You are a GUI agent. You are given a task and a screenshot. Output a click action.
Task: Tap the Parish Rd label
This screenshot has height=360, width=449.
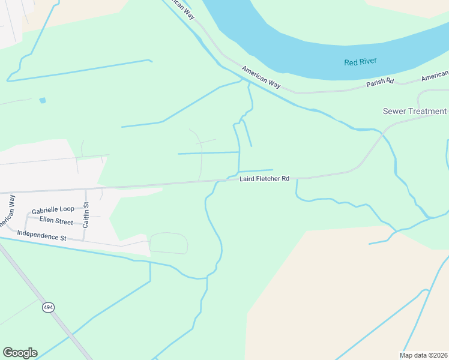pos(380,82)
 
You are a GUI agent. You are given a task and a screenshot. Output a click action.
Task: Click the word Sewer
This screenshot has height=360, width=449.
pos(394,111)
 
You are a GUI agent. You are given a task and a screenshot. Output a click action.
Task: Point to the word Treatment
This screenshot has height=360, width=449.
pos(427,111)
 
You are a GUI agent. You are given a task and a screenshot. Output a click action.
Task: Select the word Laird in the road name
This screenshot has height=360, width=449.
pos(249,179)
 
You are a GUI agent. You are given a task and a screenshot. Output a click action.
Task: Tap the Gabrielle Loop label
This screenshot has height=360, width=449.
pos(53,209)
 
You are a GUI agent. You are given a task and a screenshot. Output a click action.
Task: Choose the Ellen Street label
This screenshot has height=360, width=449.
pos(56,221)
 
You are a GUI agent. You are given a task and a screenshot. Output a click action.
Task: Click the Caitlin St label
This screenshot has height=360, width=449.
pos(86,213)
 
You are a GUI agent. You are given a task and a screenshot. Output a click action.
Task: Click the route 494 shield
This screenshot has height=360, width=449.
pos(48,307)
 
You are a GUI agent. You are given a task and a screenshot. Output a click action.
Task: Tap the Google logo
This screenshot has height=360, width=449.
pos(20,353)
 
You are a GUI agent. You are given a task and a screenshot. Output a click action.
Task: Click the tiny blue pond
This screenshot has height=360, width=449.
pos(42,100)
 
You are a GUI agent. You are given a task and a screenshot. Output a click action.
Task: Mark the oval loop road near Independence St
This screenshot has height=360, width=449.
pos(169,243)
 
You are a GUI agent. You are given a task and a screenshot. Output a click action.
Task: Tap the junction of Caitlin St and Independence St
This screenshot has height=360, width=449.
pos(84,241)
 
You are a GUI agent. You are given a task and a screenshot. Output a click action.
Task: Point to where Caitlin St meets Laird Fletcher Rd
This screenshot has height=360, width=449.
pos(86,189)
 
